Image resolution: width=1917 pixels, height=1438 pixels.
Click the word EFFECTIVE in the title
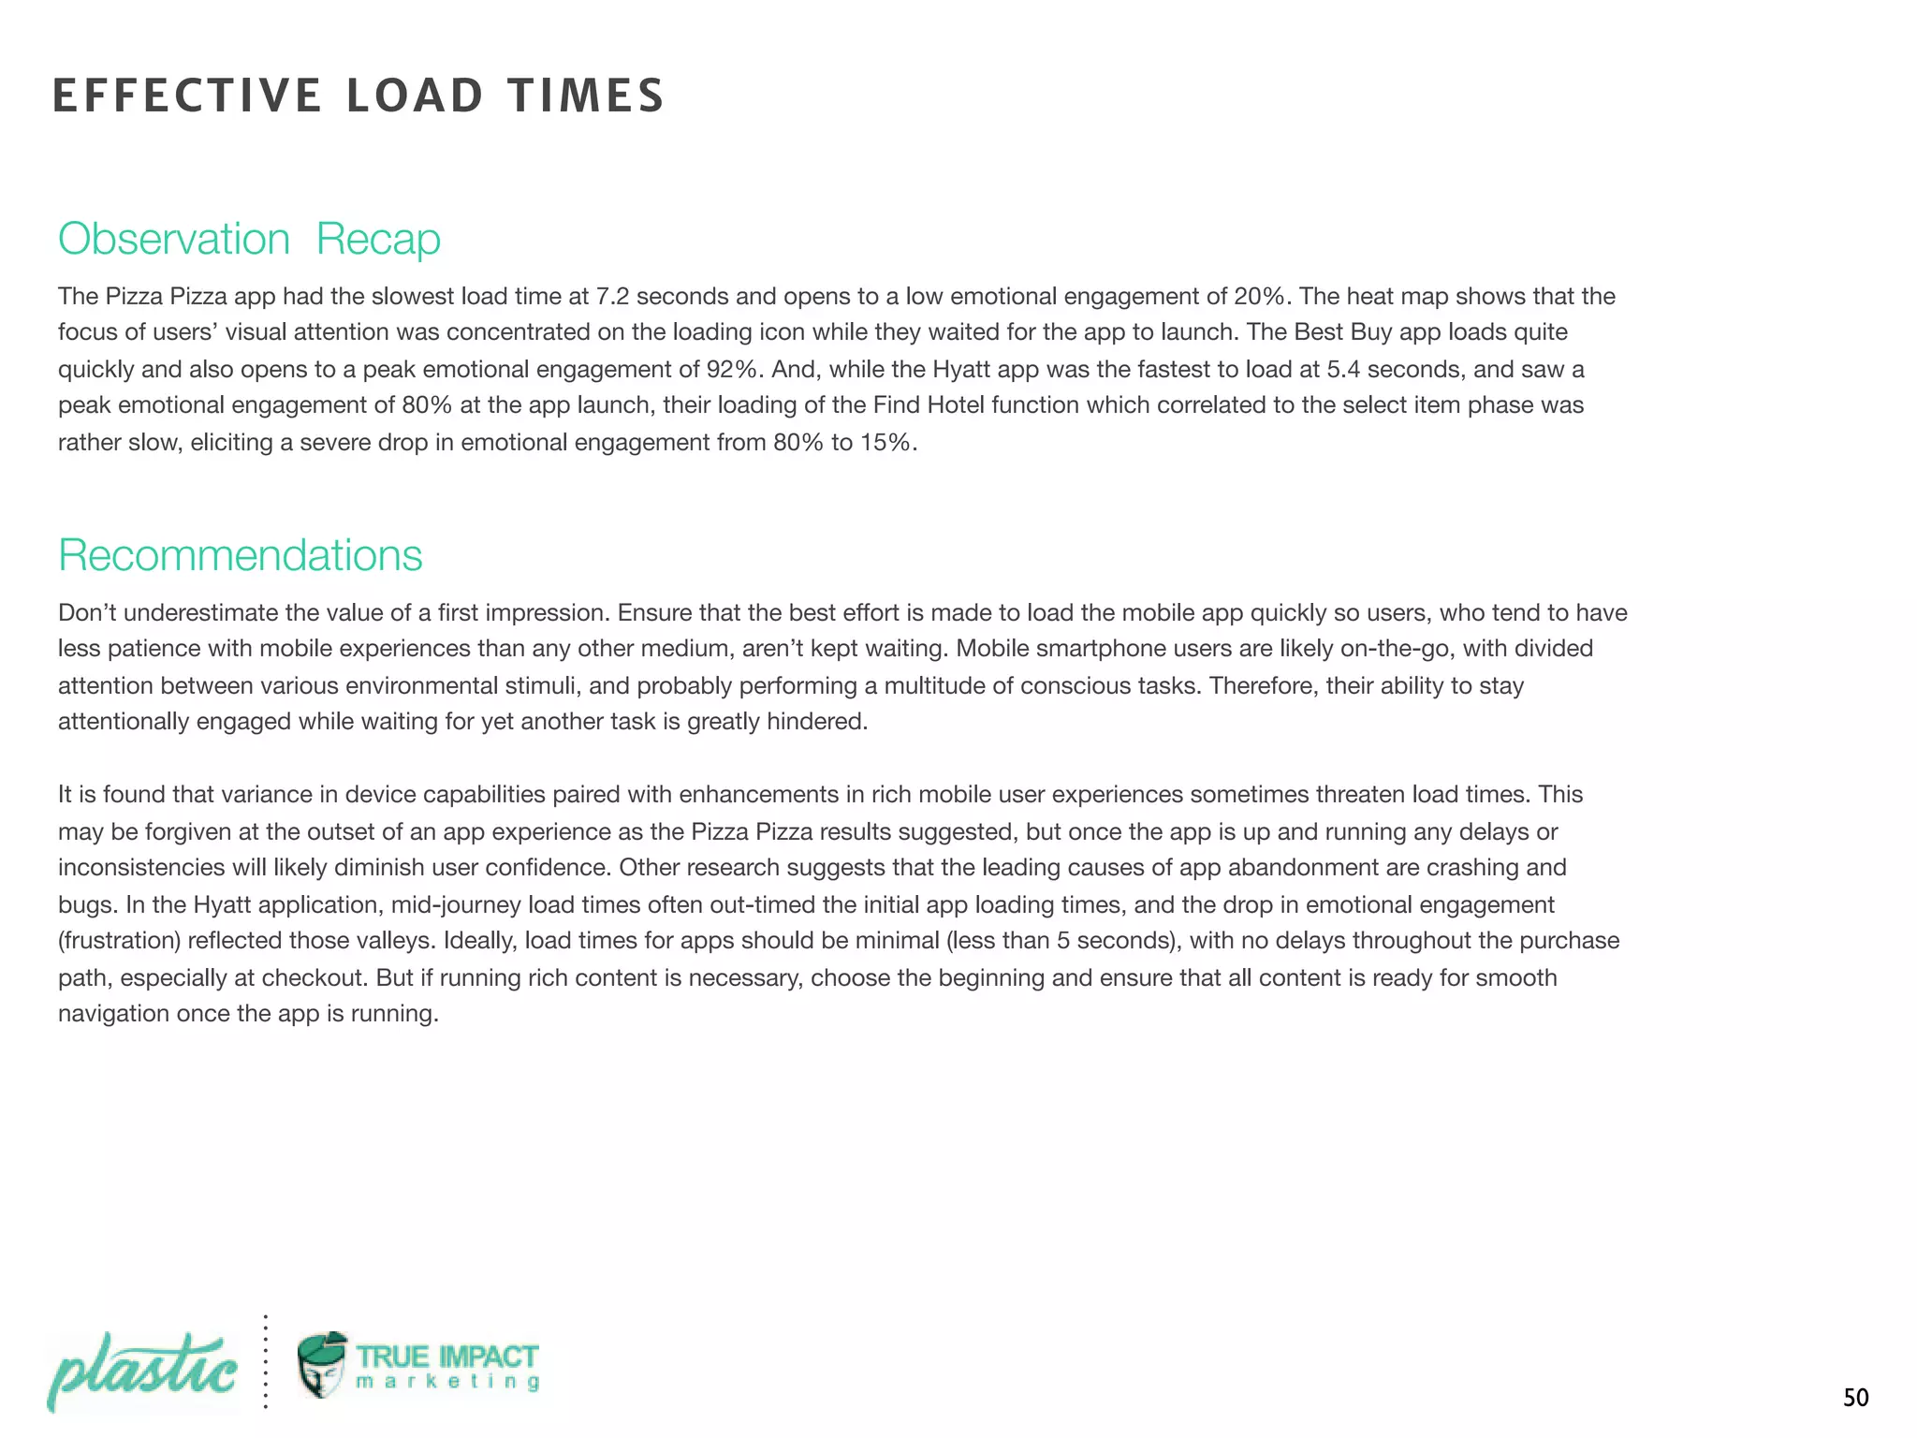tap(186, 95)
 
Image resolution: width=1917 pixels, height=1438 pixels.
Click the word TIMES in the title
tap(586, 95)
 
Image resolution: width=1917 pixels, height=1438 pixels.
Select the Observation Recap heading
tap(249, 239)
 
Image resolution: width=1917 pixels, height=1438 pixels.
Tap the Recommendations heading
tap(241, 555)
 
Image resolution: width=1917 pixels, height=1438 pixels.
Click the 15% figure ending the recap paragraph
tap(885, 442)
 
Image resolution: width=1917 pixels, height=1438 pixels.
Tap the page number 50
tap(1855, 1398)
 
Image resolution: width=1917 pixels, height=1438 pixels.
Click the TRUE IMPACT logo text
tap(447, 1357)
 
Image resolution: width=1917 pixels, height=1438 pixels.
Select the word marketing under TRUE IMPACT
tap(447, 1382)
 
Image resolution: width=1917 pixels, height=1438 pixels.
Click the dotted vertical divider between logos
tap(266, 1362)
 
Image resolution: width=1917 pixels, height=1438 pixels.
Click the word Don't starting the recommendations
tap(87, 612)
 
